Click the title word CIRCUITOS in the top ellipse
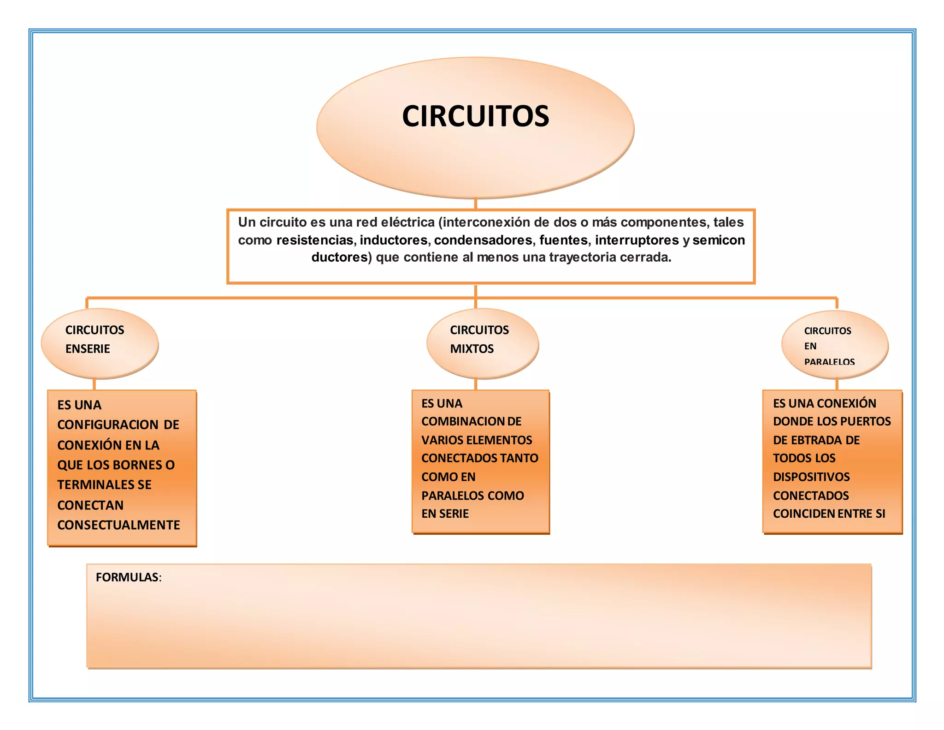click(475, 116)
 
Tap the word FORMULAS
click(127, 577)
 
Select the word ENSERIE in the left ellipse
click(88, 349)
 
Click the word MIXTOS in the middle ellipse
click(472, 349)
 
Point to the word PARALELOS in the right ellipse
click(829, 362)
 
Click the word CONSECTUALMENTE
click(118, 525)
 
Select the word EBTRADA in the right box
click(817, 440)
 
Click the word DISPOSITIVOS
click(811, 477)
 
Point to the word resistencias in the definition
click(315, 240)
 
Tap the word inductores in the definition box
click(394, 240)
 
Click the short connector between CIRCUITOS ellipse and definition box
click(475, 204)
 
